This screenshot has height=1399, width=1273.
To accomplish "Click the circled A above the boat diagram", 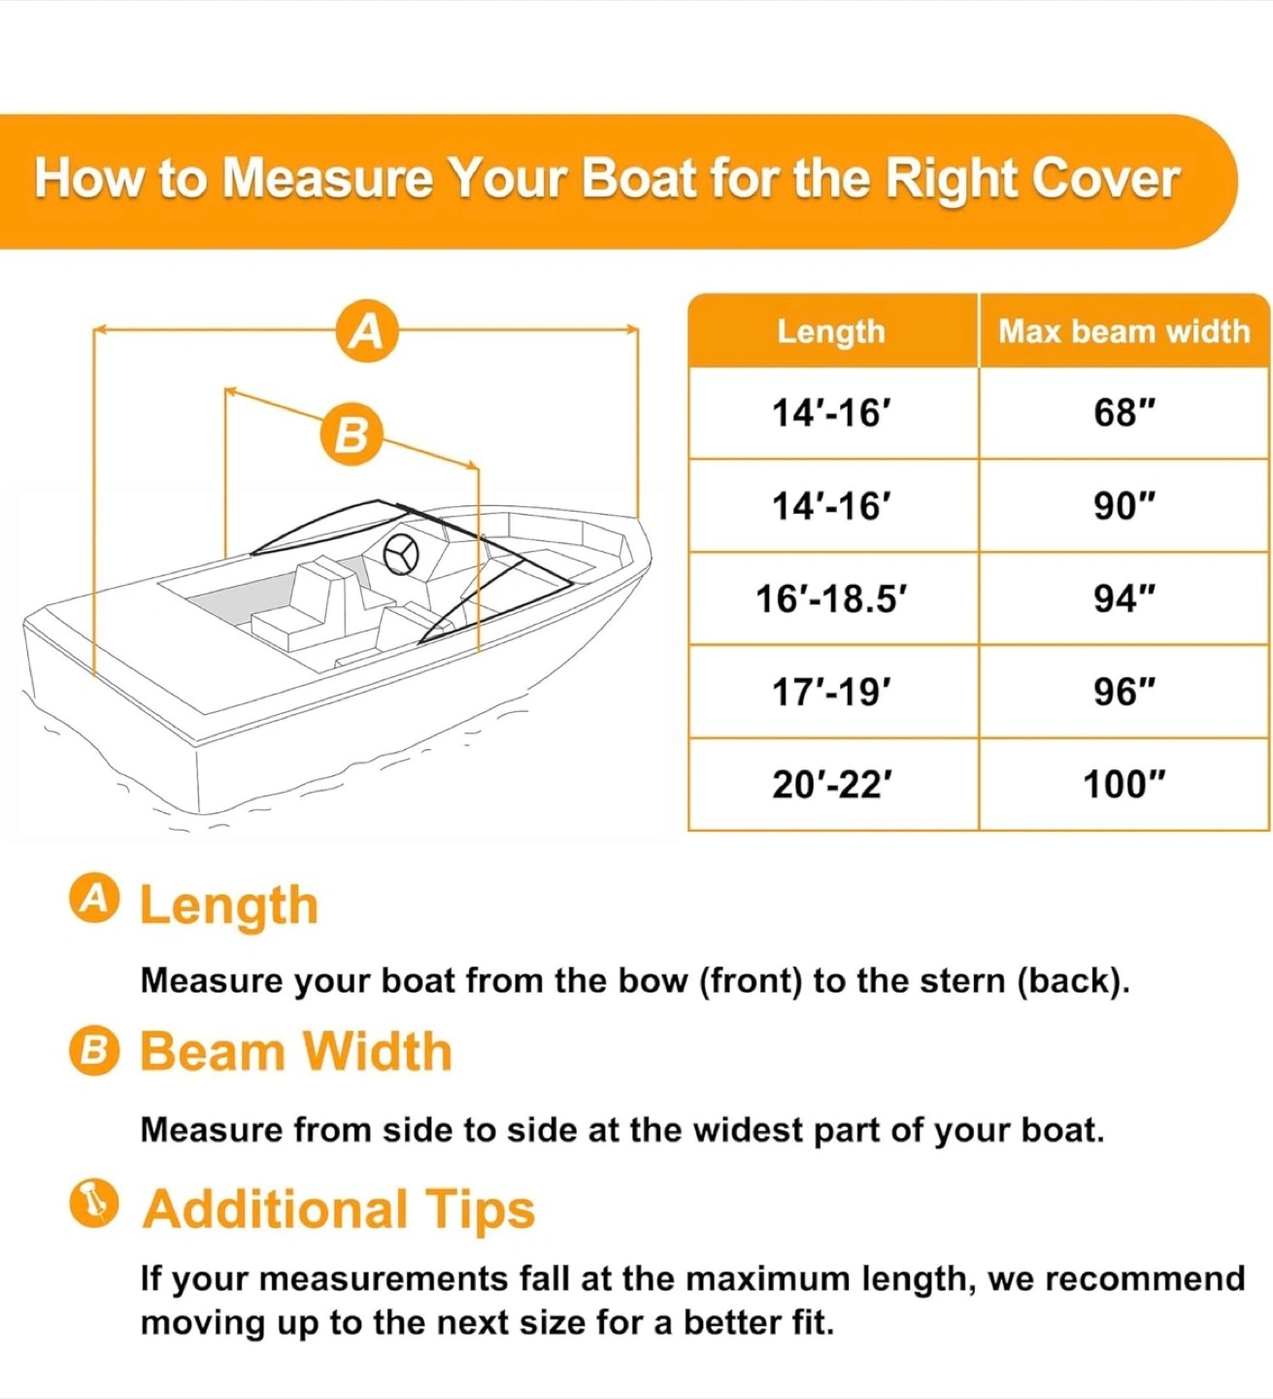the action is [x=367, y=330].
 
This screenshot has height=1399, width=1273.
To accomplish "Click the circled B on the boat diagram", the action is [x=352, y=434].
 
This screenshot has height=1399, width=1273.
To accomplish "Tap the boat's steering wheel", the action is [x=401, y=555].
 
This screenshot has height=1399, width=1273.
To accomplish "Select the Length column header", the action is [x=831, y=330].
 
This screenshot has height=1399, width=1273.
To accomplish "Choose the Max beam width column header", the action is [x=1123, y=330].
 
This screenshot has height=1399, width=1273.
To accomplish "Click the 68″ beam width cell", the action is [x=1123, y=412].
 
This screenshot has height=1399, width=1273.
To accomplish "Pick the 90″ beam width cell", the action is [x=1123, y=505].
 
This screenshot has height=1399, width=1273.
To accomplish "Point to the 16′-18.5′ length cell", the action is [x=832, y=598].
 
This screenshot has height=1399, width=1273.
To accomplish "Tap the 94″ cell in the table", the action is [x=1123, y=598].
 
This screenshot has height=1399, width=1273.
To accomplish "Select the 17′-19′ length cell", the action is [x=832, y=692].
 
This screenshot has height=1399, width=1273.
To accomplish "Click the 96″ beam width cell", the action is [x=1123, y=692].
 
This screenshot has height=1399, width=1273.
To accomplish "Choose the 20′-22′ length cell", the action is [x=832, y=785].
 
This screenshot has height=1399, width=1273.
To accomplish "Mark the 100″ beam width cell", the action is [x=1123, y=785].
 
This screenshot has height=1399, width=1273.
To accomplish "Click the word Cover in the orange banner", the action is [x=1105, y=179].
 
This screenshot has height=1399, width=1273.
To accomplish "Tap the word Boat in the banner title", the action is [x=639, y=179].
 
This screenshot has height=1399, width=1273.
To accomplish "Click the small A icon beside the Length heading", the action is [x=94, y=899].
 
